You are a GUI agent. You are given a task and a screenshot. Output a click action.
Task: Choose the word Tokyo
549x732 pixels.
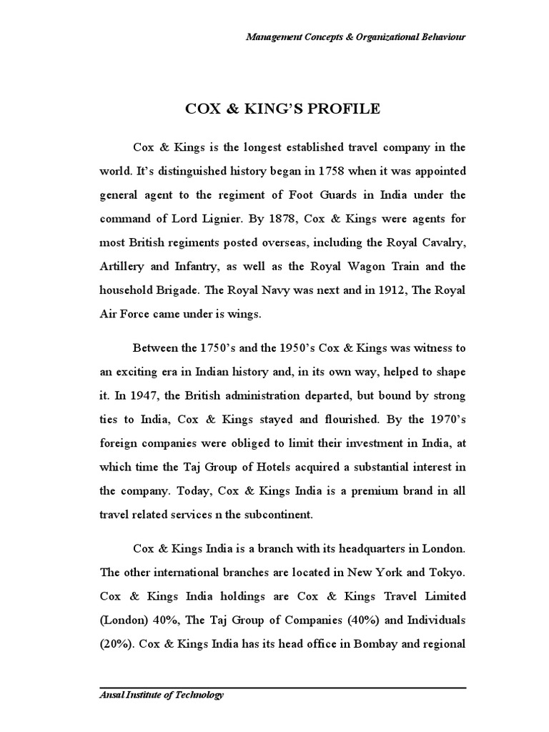pyautogui.click(x=448, y=573)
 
